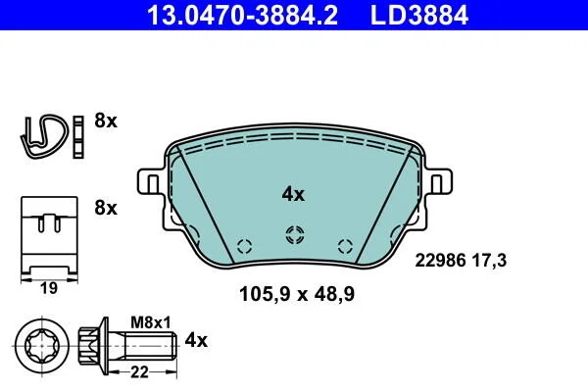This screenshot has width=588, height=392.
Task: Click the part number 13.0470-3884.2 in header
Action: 242,15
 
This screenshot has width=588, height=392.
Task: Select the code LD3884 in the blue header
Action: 419,15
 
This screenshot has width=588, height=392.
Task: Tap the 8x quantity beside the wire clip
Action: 106,121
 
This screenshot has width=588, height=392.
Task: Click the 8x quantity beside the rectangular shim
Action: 106,208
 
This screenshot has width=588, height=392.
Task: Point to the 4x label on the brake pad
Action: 293,194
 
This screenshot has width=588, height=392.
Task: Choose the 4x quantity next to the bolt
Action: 196,341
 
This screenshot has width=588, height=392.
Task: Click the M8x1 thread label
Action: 151,322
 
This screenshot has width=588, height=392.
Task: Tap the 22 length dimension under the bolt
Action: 139,372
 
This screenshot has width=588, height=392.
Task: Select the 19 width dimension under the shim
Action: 49,288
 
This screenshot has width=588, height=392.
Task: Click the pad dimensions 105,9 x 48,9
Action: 297,294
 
